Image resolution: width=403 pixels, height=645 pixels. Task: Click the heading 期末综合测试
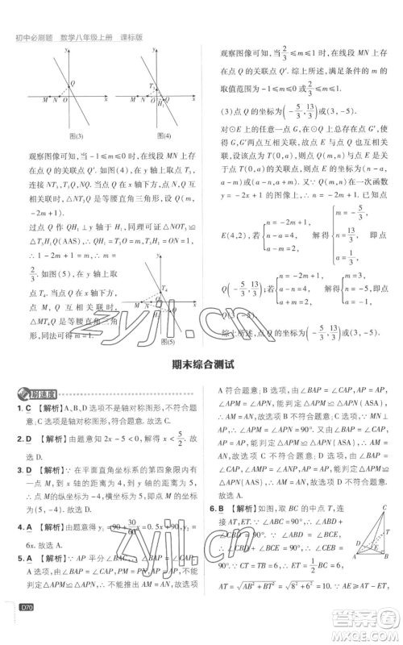pyautogui.click(x=201, y=364)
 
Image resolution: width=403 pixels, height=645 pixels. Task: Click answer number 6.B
pyautogui.click(x=218, y=531)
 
